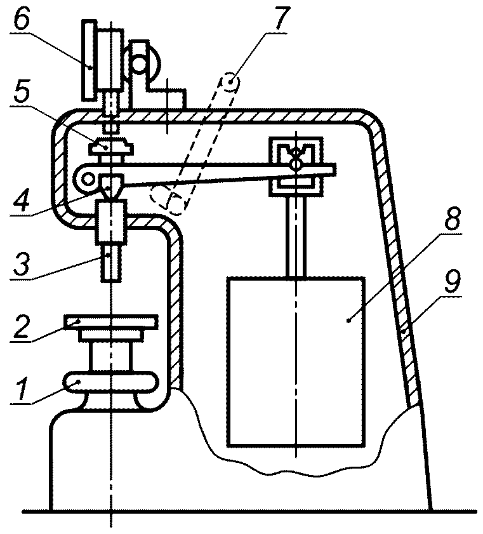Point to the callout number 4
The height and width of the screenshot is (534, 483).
[23, 200]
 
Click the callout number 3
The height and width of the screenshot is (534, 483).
[22, 264]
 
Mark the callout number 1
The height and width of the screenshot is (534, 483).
[22, 390]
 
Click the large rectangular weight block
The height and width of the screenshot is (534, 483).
[296, 361]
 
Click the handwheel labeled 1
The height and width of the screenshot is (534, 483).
[111, 382]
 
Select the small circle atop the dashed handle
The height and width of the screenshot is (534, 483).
[230, 83]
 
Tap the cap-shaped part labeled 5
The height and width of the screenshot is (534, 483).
[110, 147]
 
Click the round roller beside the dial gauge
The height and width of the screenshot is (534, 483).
[140, 63]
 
